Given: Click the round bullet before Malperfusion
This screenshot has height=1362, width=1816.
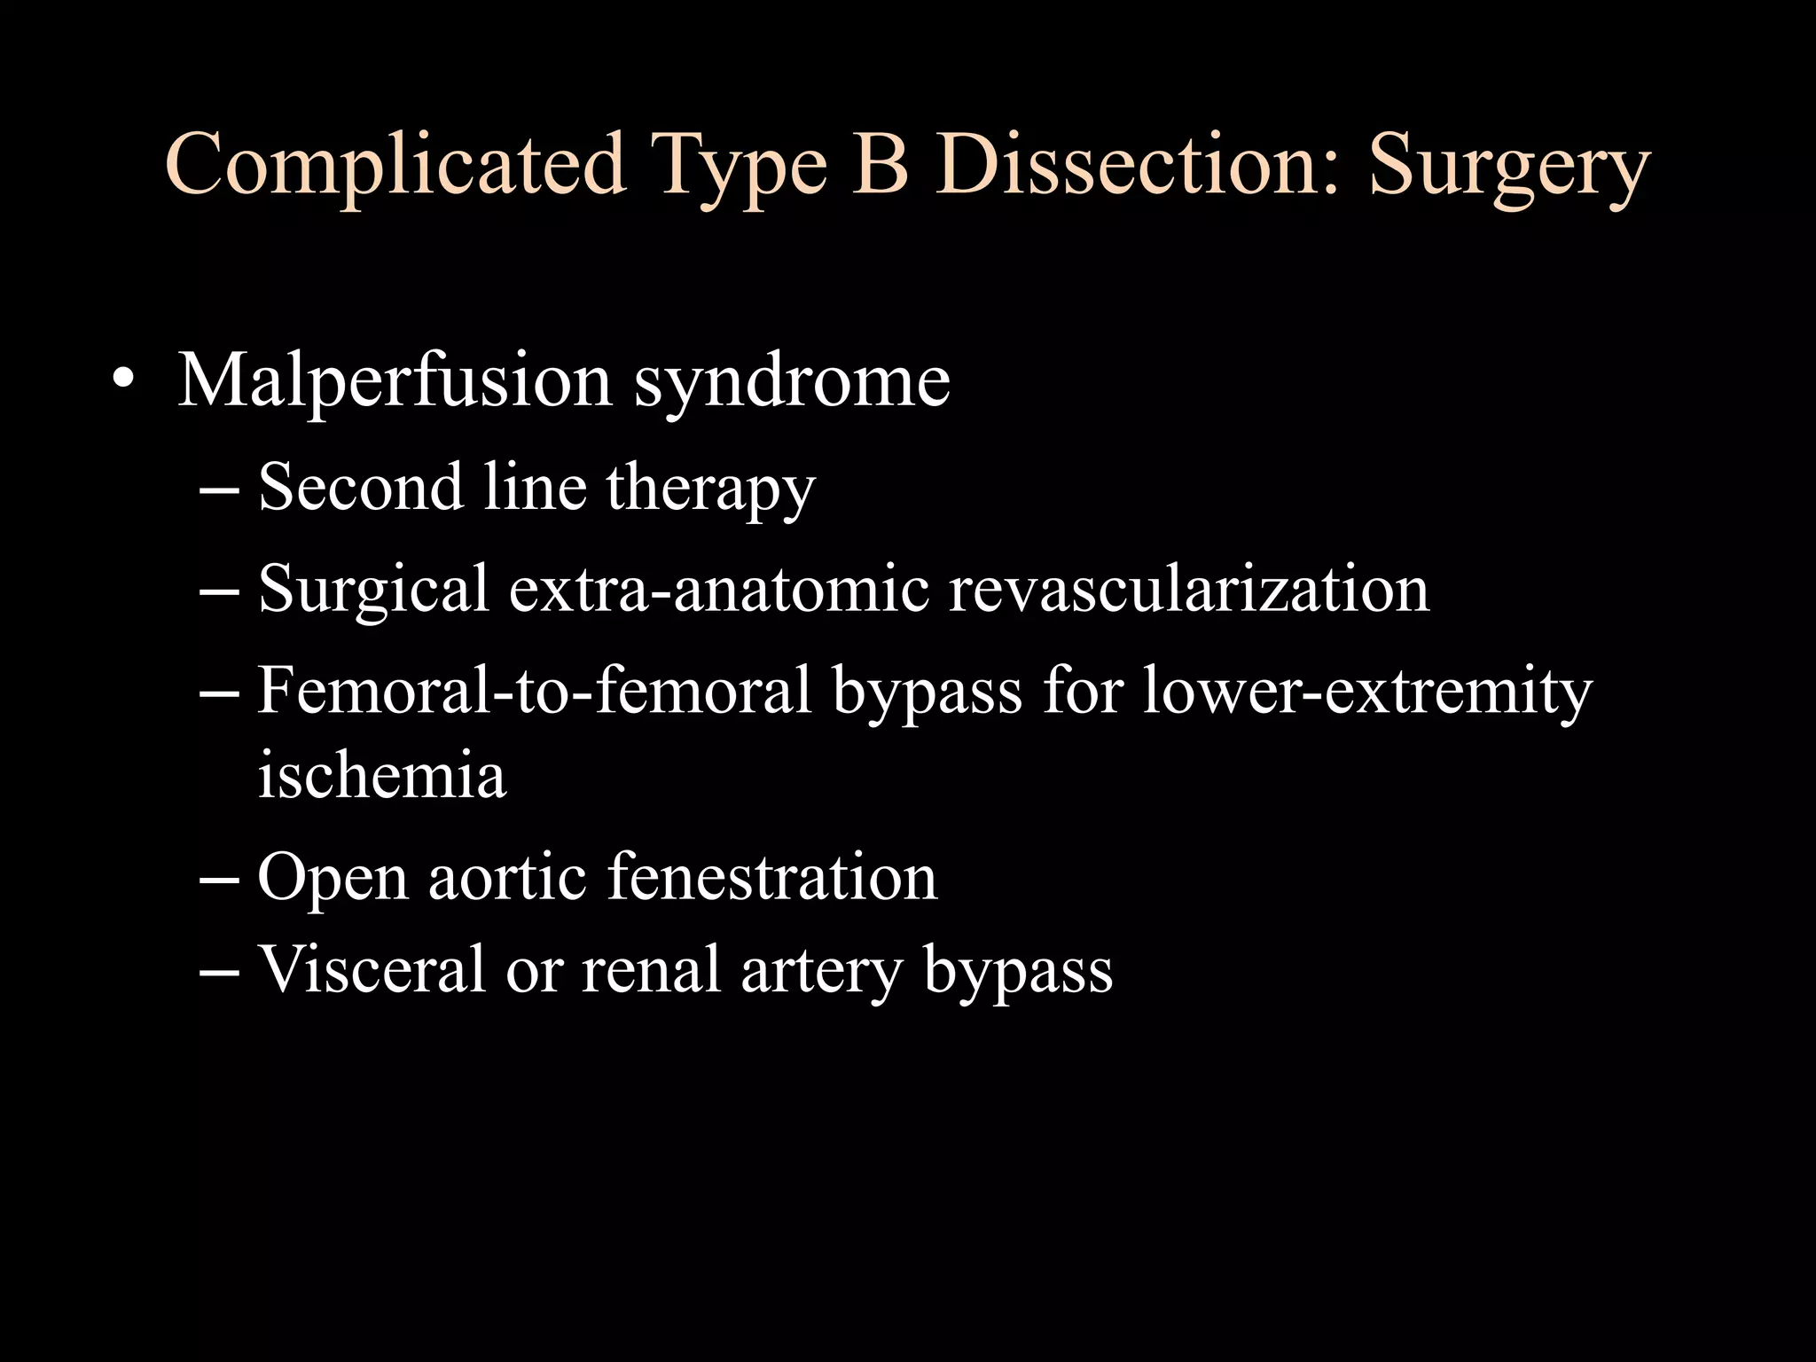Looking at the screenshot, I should pyautogui.click(x=124, y=381).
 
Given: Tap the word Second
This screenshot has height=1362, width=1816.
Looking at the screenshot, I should pyautogui.click(x=360, y=487).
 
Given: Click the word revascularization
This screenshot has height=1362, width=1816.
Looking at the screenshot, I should pyautogui.click(x=1189, y=589).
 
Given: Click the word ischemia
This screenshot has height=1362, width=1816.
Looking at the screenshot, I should pyautogui.click(x=382, y=774).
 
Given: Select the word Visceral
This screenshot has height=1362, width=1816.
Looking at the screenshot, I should pyautogui.click(x=372, y=968).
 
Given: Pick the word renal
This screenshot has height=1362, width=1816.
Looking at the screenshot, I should pyautogui.click(x=650, y=968).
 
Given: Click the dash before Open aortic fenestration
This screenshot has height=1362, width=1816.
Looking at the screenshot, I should pyautogui.click(x=220, y=878).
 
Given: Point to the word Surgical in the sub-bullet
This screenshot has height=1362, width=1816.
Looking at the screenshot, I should pyautogui.click(x=373, y=591).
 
